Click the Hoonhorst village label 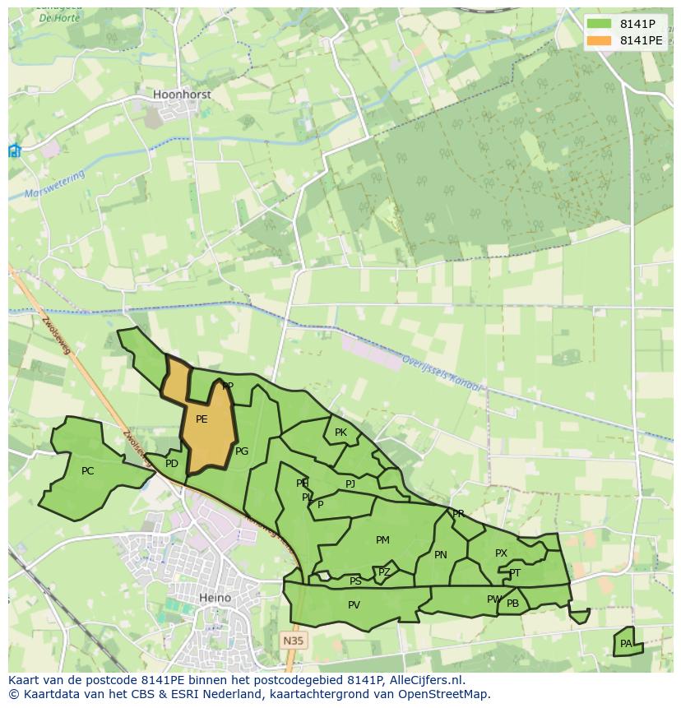[182, 95]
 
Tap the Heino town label [215, 598]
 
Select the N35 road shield [293, 640]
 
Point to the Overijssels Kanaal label [442, 373]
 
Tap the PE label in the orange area [202, 419]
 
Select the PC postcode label [88, 471]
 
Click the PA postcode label [626, 644]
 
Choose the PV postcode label [354, 605]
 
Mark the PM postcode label [382, 540]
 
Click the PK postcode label [340, 433]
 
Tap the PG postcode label [242, 451]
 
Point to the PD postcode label [172, 464]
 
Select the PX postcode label [501, 553]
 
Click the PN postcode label [441, 555]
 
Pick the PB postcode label [513, 604]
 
